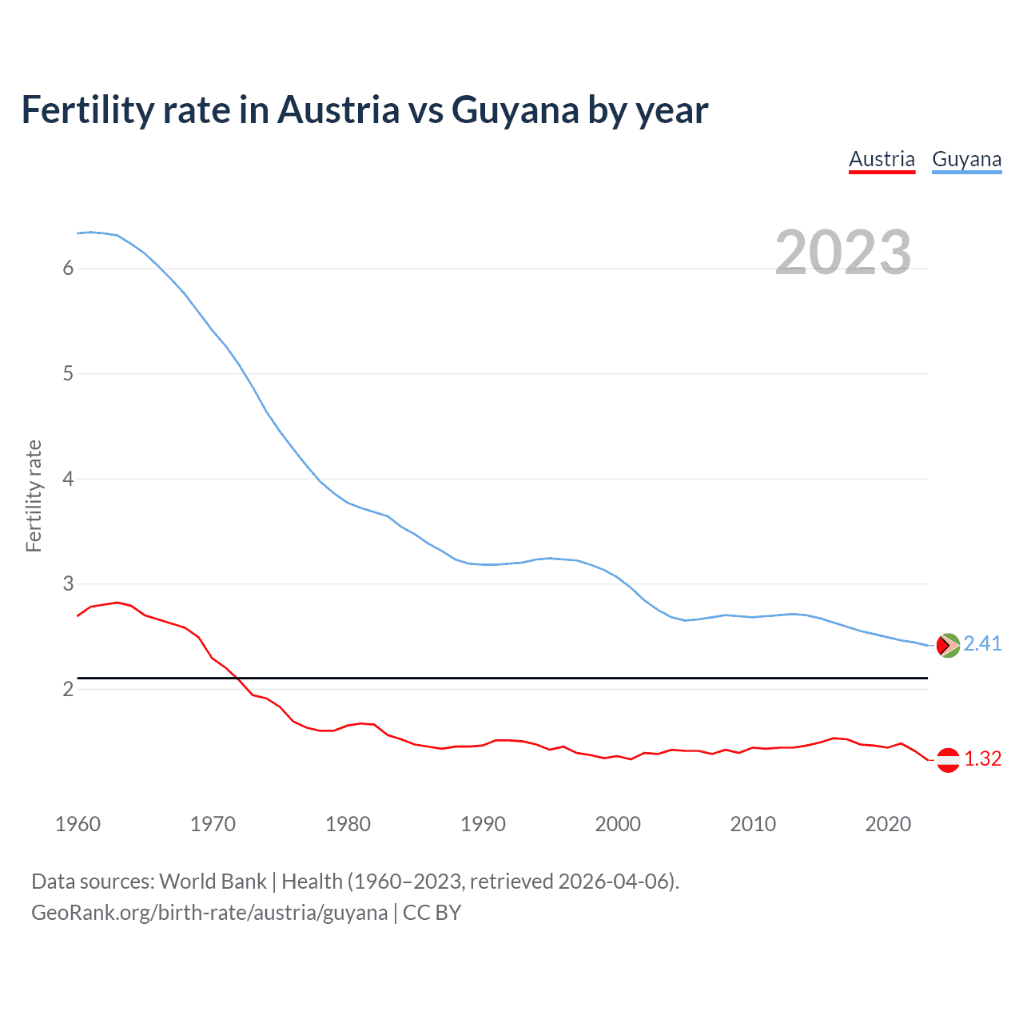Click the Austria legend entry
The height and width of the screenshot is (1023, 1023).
pos(882,159)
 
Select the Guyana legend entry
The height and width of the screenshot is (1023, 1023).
pos(966,159)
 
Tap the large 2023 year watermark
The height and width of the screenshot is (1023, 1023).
pos(843,253)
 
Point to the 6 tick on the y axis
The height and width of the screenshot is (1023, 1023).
pos(68,269)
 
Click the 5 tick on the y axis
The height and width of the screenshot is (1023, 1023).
pos(68,373)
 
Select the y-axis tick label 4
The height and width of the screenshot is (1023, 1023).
pos(68,479)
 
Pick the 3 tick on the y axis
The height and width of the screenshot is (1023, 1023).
pos(68,583)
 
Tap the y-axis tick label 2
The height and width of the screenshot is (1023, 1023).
pos(68,689)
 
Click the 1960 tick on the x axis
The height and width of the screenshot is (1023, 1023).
pos(78,824)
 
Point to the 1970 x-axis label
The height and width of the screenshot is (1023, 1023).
pos(213,824)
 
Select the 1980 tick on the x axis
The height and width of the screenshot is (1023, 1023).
pos(348,824)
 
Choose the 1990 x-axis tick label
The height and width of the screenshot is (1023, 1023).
pos(483,824)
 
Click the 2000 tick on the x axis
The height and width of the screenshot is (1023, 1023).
pos(618,824)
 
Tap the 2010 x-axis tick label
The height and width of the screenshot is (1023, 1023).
pos(753,824)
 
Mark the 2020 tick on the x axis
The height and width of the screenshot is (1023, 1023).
pos(888,824)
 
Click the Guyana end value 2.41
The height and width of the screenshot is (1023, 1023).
pos(982,644)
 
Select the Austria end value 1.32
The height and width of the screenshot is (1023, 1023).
pos(982,759)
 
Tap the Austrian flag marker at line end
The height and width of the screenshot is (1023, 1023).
pos(948,760)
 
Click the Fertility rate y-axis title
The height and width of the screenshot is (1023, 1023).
pos(34,496)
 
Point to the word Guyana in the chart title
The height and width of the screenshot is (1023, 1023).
pos(515,109)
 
